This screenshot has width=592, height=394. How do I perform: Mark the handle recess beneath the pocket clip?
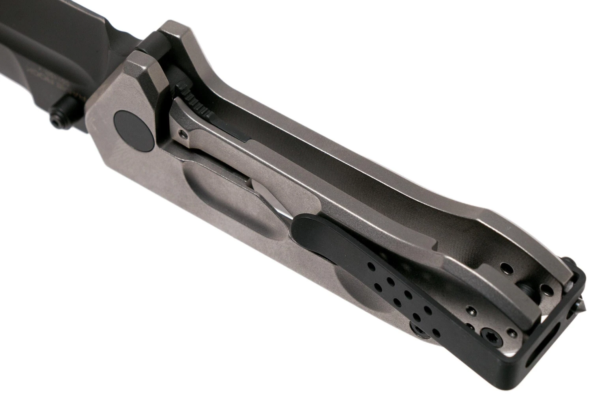[347, 292]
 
